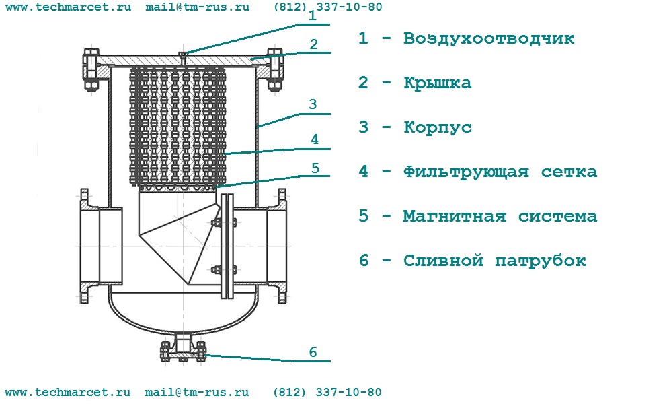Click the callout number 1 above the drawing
click(x=313, y=16)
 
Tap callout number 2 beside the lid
click(x=314, y=44)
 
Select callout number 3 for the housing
click(x=313, y=104)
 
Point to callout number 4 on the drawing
click(x=315, y=139)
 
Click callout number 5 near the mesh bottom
click(x=315, y=168)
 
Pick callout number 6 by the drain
click(x=313, y=352)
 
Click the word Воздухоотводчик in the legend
click(x=489, y=38)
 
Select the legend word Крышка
click(x=438, y=83)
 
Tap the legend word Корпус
click(x=438, y=127)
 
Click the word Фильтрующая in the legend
click(x=467, y=172)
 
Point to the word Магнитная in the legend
click(x=455, y=216)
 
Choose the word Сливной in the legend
click(x=443, y=261)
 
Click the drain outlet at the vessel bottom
click(x=183, y=347)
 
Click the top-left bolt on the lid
click(x=91, y=70)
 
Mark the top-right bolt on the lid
click(x=275, y=70)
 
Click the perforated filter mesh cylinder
click(x=178, y=127)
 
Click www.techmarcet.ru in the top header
click(x=69, y=7)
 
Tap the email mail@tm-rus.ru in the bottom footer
click(x=197, y=392)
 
